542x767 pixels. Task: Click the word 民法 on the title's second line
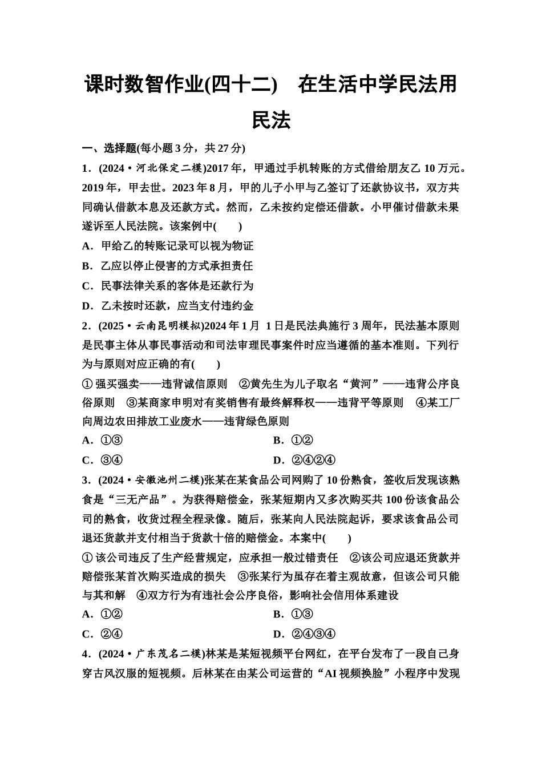pos(271,120)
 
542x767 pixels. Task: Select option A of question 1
pos(168,246)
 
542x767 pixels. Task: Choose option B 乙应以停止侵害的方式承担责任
pos(168,266)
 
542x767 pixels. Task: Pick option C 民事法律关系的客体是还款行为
pos(168,285)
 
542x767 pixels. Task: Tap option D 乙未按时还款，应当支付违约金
pos(168,305)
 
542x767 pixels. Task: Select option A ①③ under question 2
pos(103,441)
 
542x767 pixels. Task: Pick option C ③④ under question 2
pos(103,460)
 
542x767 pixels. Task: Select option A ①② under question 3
pos(103,615)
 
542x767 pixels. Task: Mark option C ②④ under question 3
pos(103,634)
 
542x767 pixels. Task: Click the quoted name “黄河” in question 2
pos(356,384)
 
